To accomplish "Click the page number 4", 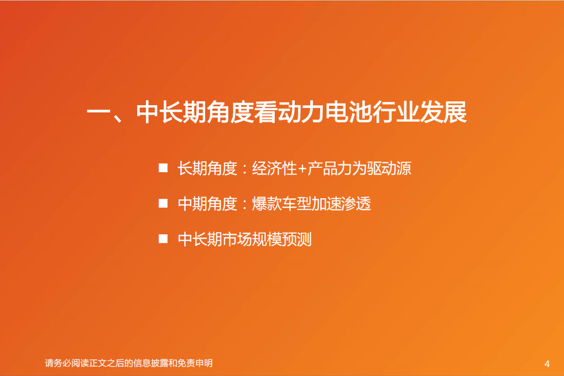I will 547,364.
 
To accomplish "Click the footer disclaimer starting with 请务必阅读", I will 128,364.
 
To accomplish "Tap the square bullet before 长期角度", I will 163,168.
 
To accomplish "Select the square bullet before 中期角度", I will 163,203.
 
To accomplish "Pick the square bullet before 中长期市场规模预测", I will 163,239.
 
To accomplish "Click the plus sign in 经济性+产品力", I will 302,168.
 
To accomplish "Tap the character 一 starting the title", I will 98,112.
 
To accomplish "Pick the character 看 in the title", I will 267,112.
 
